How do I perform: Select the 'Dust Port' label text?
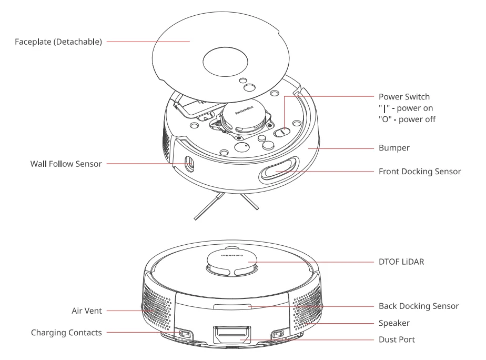click(x=397, y=341)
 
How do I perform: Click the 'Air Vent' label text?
click(x=84, y=311)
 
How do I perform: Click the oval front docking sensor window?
click(x=277, y=171)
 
